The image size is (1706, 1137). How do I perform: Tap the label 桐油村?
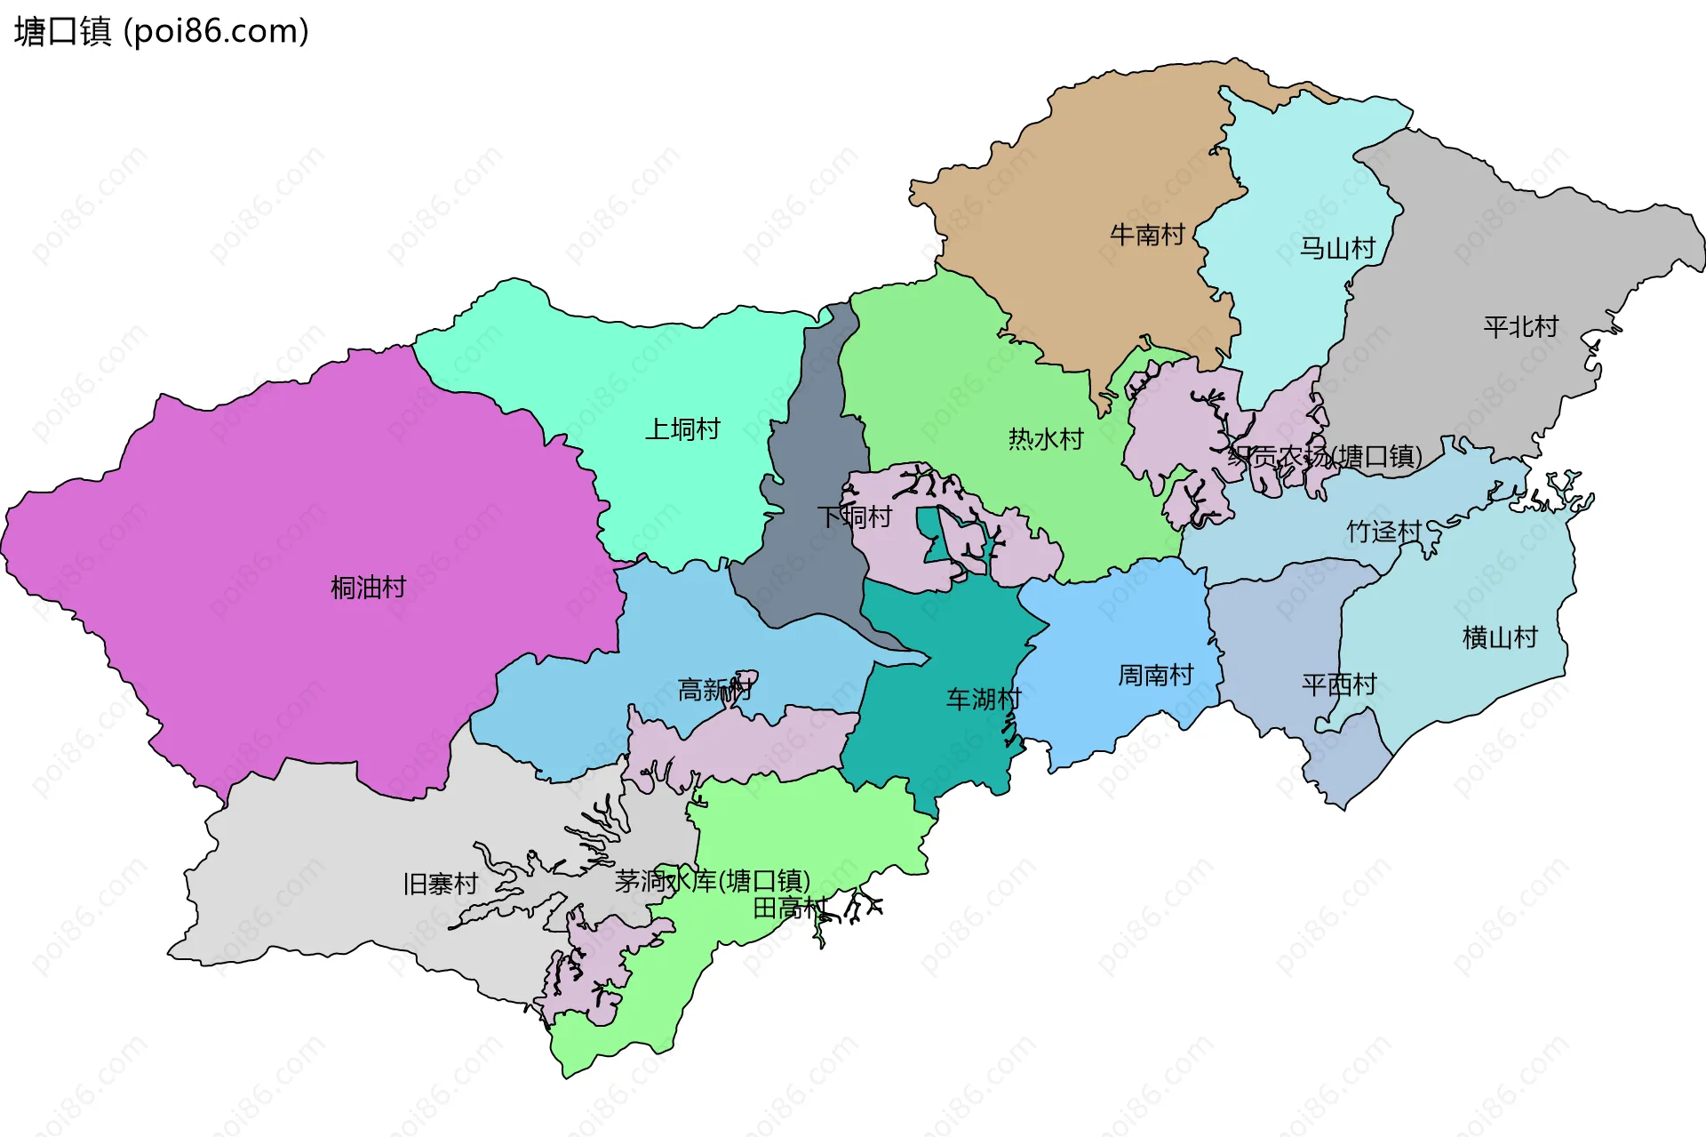coord(368,587)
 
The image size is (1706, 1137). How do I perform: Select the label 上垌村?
coord(682,429)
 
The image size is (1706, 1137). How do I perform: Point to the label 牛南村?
coord(1147,235)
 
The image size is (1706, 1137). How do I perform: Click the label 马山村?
coord(1337,248)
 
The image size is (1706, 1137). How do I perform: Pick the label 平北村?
coord(1520,326)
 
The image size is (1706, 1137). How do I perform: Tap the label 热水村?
coord(1046,438)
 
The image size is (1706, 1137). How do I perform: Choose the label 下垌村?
coord(854,516)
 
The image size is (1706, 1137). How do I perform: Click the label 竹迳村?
coord(1383,532)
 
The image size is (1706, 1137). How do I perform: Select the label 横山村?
coord(1500,637)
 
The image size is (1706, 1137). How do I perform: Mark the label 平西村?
coord(1339,685)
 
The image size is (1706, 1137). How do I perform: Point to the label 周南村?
coord(1155,676)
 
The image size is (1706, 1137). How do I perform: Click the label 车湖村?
coord(984,699)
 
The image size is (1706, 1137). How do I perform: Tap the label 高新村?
coord(715,689)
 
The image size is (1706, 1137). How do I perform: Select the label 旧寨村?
coord(441,884)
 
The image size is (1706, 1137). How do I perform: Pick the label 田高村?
coord(790,908)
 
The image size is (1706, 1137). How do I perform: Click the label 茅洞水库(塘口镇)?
coord(713,881)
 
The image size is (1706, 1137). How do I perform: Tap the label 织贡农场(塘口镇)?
coord(1325,456)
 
